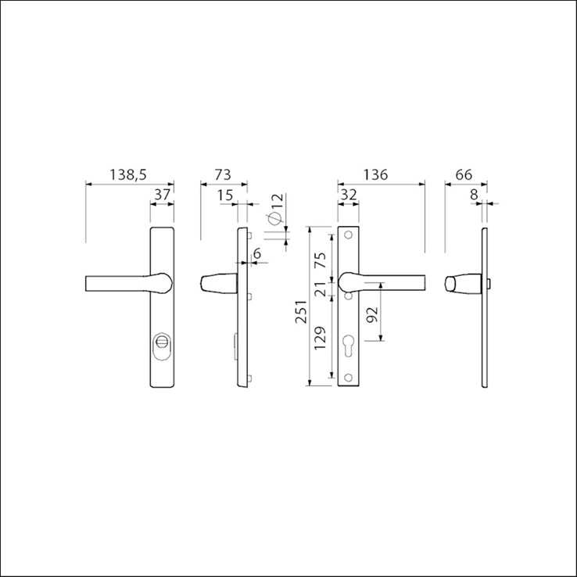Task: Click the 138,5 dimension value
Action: coord(128,174)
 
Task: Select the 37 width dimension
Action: coord(162,195)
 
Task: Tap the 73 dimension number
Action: coord(223,174)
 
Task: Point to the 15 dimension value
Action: coord(225,195)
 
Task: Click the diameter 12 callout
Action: coord(276,208)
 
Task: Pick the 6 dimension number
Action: coord(257,253)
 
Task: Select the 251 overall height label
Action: coord(301,311)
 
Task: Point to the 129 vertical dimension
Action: coord(320,338)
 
